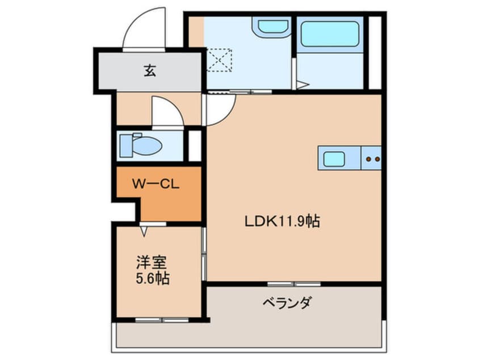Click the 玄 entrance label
pyautogui.click(x=149, y=71)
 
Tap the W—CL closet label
pyautogui.click(x=156, y=185)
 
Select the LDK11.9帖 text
pyautogui.click(x=282, y=221)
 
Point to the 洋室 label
pyautogui.click(x=150, y=263)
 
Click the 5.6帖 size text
pyautogui.click(x=152, y=279)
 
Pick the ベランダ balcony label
pyautogui.click(x=287, y=303)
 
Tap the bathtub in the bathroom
pyautogui.click(x=330, y=34)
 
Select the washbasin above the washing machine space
pyautogui.click(x=272, y=26)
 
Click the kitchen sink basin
pyautogui.click(x=334, y=158)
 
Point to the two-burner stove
pyautogui.click(x=372, y=158)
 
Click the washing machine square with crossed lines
pyautogui.click(x=219, y=60)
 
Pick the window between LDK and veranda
pyautogui.click(x=294, y=283)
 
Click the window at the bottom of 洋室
pyautogui.click(x=162, y=320)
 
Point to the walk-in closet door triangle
pyautogui.click(x=144, y=231)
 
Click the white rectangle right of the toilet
pyautogui.click(x=195, y=145)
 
